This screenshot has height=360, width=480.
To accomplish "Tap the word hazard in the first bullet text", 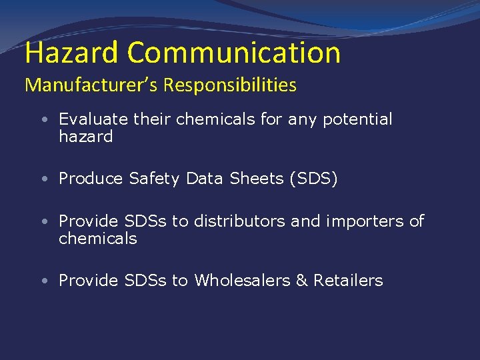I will click(86, 137).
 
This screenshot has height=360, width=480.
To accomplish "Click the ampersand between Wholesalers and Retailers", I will click(301, 281).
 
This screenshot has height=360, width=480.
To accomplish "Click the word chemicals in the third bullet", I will click(98, 239).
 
